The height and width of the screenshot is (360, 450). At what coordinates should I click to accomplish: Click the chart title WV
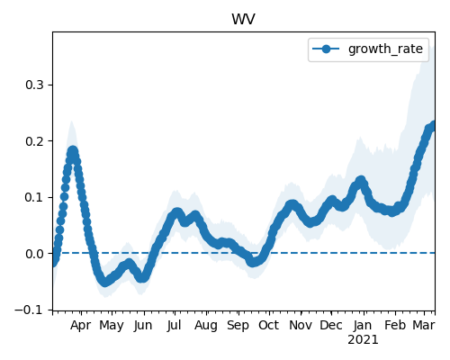(243, 20)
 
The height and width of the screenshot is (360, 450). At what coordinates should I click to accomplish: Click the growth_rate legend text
(385, 49)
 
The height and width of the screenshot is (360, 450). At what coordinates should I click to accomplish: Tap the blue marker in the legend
(326, 49)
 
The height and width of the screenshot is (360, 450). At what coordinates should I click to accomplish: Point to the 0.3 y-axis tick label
(35, 85)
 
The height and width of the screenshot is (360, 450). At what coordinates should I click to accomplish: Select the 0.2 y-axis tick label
(35, 141)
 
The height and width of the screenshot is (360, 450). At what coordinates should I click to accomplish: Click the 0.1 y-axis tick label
(35, 197)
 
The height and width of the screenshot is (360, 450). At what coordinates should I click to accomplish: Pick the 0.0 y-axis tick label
(35, 254)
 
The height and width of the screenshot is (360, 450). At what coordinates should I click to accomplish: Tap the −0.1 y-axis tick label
(30, 310)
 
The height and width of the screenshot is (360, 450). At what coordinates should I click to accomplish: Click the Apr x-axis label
(81, 326)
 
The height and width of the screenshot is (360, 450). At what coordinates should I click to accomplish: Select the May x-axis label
(112, 326)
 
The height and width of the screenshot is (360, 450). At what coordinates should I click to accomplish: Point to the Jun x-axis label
(143, 325)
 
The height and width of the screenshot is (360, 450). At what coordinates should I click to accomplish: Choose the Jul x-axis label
(174, 325)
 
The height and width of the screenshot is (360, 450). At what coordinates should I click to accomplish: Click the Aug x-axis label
(206, 326)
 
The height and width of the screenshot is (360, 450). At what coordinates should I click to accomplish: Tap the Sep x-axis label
(238, 326)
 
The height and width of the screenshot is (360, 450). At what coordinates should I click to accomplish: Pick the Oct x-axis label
(269, 325)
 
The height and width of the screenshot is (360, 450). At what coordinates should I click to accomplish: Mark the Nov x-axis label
(301, 325)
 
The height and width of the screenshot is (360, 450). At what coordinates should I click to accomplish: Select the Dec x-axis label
(331, 325)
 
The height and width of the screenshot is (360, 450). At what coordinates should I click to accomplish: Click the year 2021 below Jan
(363, 340)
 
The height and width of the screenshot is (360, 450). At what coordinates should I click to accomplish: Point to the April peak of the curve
(73, 151)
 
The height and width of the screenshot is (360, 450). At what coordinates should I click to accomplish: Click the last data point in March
(433, 125)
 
